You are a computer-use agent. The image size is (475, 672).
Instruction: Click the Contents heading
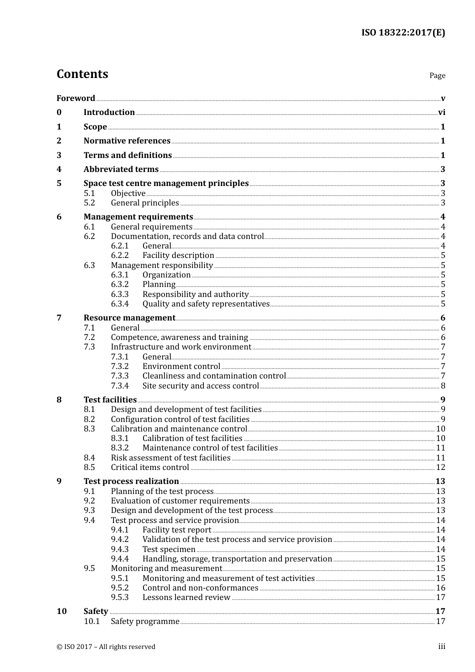pyautogui.click(x=82, y=74)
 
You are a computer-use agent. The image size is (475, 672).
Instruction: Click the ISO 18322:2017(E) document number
pyautogui.click(x=403, y=33)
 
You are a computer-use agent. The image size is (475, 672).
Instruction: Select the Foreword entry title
pyautogui.click(x=75, y=98)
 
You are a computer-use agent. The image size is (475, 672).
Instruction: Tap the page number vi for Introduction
pyautogui.click(x=441, y=112)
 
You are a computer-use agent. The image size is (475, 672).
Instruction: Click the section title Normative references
pyautogui.click(x=127, y=141)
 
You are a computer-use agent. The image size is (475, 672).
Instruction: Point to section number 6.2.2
pyautogui.click(x=119, y=255)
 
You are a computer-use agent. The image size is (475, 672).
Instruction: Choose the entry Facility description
pyautogui.click(x=178, y=255)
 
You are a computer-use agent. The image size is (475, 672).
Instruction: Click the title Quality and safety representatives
pyautogui.click(x=205, y=304)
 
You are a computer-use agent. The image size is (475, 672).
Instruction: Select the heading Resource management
pyautogui.click(x=129, y=318)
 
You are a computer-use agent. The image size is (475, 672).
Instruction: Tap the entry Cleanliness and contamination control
pyautogui.click(x=214, y=376)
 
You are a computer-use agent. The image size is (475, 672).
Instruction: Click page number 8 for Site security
pyautogui.click(x=443, y=386)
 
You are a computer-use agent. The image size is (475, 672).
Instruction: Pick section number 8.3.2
pyautogui.click(x=119, y=448)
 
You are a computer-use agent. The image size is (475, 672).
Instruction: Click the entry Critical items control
pyautogui.click(x=150, y=467)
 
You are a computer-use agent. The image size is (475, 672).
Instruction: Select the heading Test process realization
pyautogui.click(x=131, y=481)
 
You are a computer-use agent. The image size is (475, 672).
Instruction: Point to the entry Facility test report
pyautogui.click(x=176, y=530)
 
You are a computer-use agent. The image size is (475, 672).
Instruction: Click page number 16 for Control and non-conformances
pyautogui.click(x=440, y=588)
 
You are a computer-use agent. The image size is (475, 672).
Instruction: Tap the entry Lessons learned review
pyautogui.click(x=186, y=597)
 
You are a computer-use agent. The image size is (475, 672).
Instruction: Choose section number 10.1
pyautogui.click(x=91, y=621)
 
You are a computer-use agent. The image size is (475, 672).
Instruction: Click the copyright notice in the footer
pyautogui.click(x=106, y=647)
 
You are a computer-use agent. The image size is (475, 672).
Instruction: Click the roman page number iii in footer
pyautogui.click(x=441, y=646)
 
